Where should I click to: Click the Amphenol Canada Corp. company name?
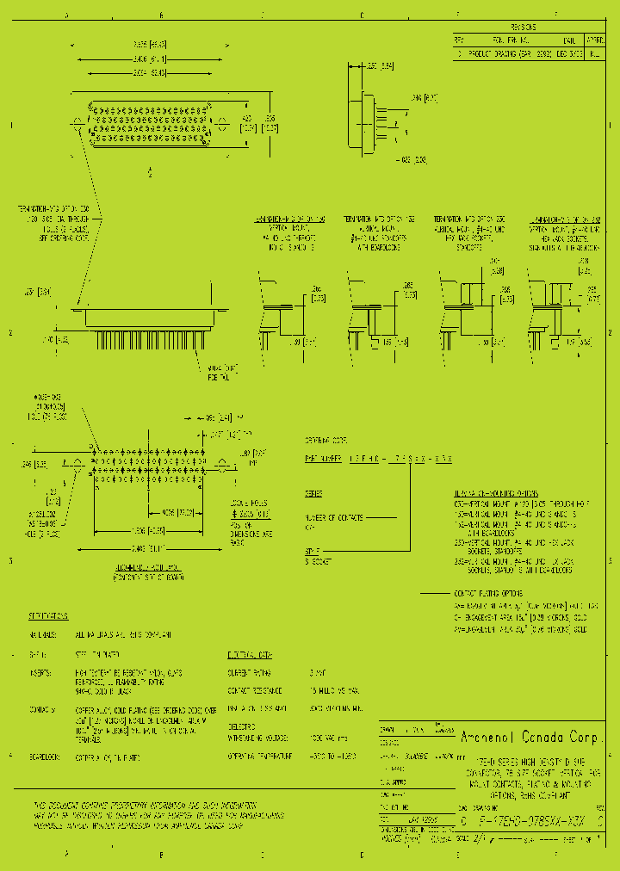(535, 738)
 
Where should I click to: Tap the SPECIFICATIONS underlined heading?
(49, 617)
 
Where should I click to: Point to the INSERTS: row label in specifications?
(40, 672)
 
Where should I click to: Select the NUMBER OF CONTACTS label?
(332, 517)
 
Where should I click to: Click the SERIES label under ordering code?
(313, 495)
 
